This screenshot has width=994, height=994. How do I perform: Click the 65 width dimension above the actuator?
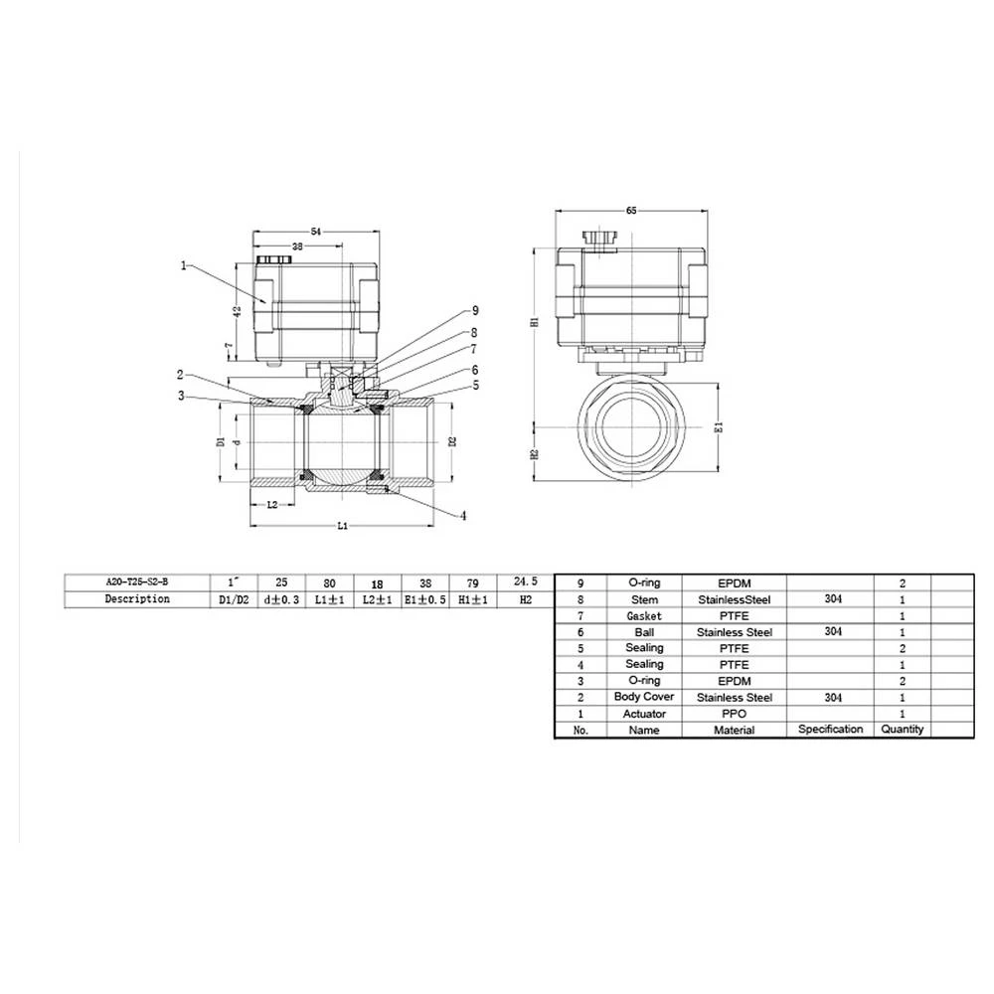[x=631, y=211]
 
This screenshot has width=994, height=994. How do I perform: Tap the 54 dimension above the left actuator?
[x=316, y=231]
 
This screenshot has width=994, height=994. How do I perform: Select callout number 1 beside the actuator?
[x=184, y=265]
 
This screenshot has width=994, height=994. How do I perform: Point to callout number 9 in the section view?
[x=475, y=310]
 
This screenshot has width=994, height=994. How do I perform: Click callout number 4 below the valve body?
[x=463, y=515]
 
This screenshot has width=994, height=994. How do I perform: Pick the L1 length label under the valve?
[x=341, y=525]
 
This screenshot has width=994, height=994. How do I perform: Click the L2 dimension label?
[x=273, y=505]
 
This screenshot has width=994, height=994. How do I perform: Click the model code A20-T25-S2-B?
[x=137, y=583]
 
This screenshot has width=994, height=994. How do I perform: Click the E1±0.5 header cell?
[x=424, y=599]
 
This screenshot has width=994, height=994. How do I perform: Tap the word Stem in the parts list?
[x=644, y=599]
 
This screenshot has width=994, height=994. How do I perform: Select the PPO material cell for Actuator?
[x=734, y=714]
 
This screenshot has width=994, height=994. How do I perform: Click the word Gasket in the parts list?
[x=644, y=616]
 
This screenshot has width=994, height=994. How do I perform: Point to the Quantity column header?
[x=902, y=729]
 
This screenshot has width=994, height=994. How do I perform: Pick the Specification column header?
[x=830, y=729]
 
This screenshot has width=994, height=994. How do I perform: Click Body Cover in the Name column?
[x=644, y=697]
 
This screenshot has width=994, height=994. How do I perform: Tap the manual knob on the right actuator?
[x=599, y=238]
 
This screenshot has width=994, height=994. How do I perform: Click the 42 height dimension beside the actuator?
[x=237, y=310]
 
